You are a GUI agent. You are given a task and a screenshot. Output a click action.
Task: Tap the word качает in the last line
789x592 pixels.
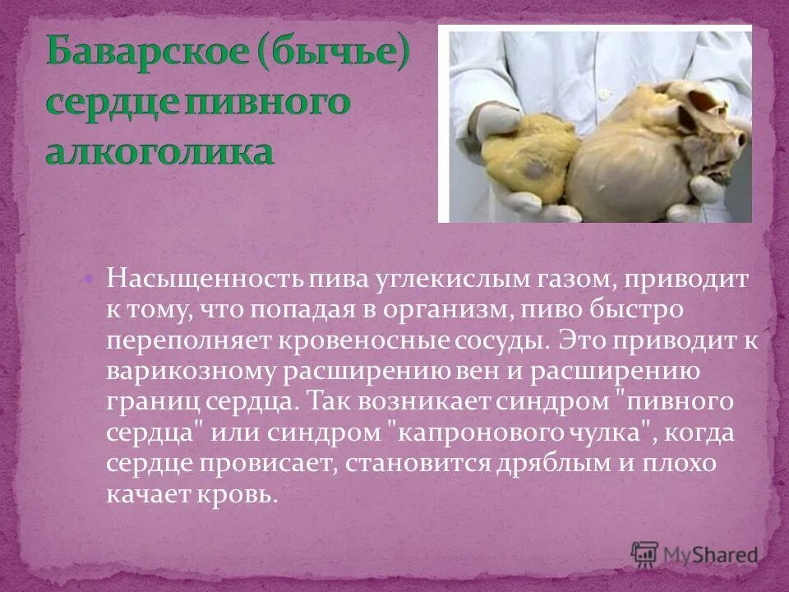point(146,494)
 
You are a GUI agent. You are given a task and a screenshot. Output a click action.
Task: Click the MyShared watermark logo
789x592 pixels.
point(694,553)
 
